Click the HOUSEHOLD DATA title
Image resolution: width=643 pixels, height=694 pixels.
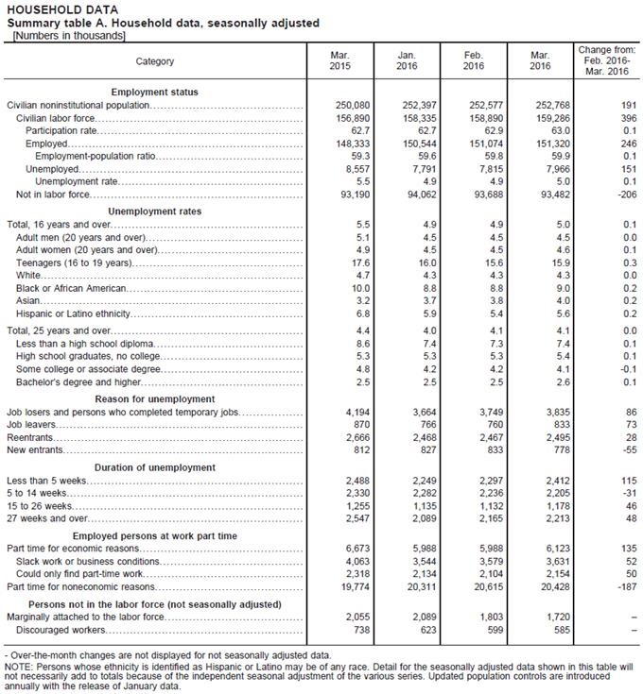[x=48, y=9]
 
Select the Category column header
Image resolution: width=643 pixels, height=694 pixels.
[x=155, y=61]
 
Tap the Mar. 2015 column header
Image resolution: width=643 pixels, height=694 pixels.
[x=340, y=60]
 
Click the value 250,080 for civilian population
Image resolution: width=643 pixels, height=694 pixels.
[x=340, y=105]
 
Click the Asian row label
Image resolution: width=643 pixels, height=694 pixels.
[x=28, y=300]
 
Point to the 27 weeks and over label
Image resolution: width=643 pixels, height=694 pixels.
[x=47, y=518]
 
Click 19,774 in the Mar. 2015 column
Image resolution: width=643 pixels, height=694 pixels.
[x=340, y=587]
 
